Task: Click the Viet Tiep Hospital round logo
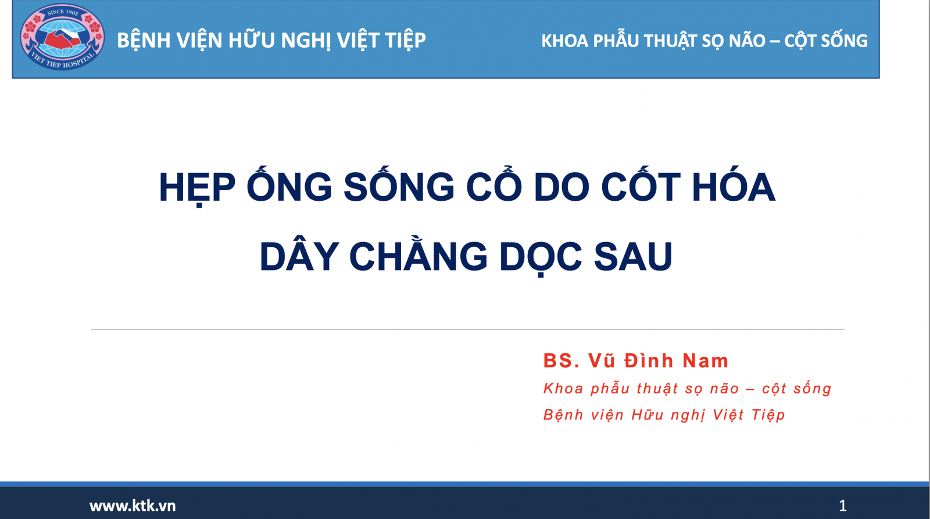click(x=62, y=37)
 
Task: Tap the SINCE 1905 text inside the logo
click(x=63, y=12)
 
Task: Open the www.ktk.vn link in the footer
click(x=133, y=506)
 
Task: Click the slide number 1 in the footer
click(x=843, y=506)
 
